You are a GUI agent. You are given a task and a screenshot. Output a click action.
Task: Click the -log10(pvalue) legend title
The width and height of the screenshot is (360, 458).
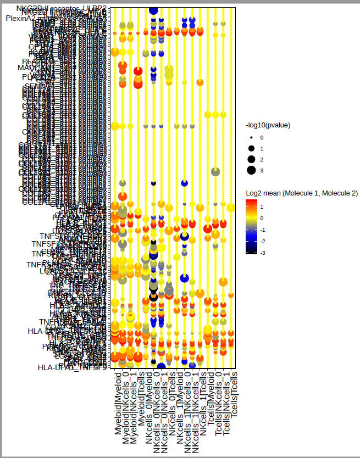click(268, 125)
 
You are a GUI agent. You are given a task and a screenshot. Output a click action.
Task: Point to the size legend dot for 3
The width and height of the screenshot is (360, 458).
click(251, 170)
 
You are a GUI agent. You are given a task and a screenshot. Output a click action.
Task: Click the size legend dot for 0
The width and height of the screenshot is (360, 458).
click(251, 137)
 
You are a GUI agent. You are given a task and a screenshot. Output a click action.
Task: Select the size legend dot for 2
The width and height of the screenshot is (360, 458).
click(251, 159)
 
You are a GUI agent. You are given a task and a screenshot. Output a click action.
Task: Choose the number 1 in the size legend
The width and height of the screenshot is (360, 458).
click(262, 148)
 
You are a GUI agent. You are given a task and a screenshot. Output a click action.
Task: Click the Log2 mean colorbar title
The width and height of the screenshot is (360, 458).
click(302, 193)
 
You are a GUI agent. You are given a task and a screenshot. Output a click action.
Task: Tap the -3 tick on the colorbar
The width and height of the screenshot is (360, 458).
click(262, 253)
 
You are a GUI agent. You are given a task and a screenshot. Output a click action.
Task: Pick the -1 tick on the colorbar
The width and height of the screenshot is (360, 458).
click(262, 230)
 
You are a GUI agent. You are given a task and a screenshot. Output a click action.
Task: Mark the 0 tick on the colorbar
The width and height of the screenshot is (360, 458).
click(262, 218)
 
